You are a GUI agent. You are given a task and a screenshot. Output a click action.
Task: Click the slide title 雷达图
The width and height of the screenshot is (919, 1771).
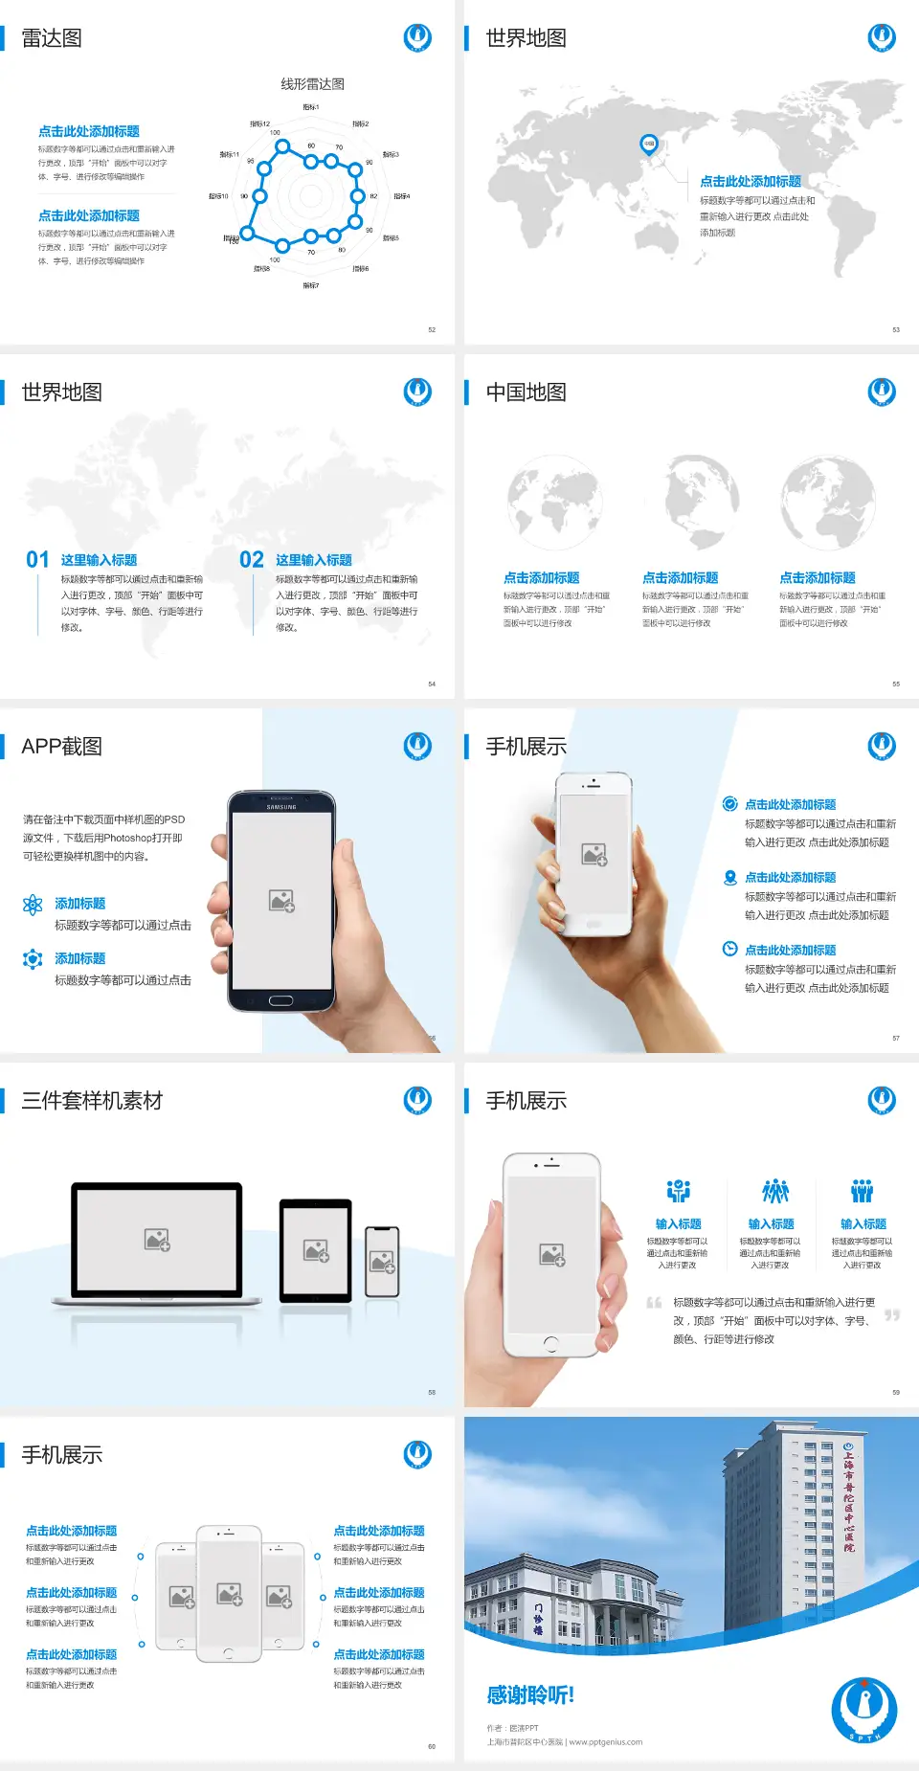(x=52, y=38)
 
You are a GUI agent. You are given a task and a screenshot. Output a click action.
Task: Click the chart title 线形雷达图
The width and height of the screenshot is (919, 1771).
(x=312, y=84)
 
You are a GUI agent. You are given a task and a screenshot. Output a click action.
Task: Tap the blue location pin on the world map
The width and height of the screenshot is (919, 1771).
(x=648, y=145)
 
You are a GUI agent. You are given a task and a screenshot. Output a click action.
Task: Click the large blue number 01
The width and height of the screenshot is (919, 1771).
(x=37, y=560)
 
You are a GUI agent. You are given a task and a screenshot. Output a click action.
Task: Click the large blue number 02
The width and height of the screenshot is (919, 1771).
(x=252, y=560)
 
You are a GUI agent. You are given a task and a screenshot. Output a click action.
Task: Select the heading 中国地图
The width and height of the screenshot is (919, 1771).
(x=526, y=392)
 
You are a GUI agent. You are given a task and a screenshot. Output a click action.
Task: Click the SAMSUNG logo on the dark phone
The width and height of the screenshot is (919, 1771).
(x=281, y=807)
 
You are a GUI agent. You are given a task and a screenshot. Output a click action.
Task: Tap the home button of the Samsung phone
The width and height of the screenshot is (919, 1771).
(x=280, y=1000)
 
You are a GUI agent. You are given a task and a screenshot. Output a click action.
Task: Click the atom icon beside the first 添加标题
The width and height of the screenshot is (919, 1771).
(x=33, y=905)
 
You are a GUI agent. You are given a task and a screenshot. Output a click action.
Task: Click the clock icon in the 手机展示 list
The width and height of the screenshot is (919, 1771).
(x=729, y=949)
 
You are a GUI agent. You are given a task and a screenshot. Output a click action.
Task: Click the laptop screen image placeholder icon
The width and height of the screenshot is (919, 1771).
(x=157, y=1240)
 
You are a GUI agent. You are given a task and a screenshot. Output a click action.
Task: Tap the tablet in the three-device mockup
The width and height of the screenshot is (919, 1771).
(x=316, y=1250)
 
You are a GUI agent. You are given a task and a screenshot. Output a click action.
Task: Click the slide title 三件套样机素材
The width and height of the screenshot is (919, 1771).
(x=92, y=1101)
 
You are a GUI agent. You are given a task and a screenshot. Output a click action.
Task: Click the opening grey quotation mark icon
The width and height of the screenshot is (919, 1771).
(x=654, y=1302)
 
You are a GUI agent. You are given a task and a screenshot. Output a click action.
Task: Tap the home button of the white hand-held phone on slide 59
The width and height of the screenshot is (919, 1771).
(x=550, y=1344)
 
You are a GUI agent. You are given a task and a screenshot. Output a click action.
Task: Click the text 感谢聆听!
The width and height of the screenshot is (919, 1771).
(x=530, y=1695)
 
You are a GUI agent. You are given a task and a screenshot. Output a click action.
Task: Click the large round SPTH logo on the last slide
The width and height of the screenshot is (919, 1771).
(x=863, y=1710)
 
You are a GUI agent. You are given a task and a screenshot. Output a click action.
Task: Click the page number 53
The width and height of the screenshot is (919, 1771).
(x=896, y=329)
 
